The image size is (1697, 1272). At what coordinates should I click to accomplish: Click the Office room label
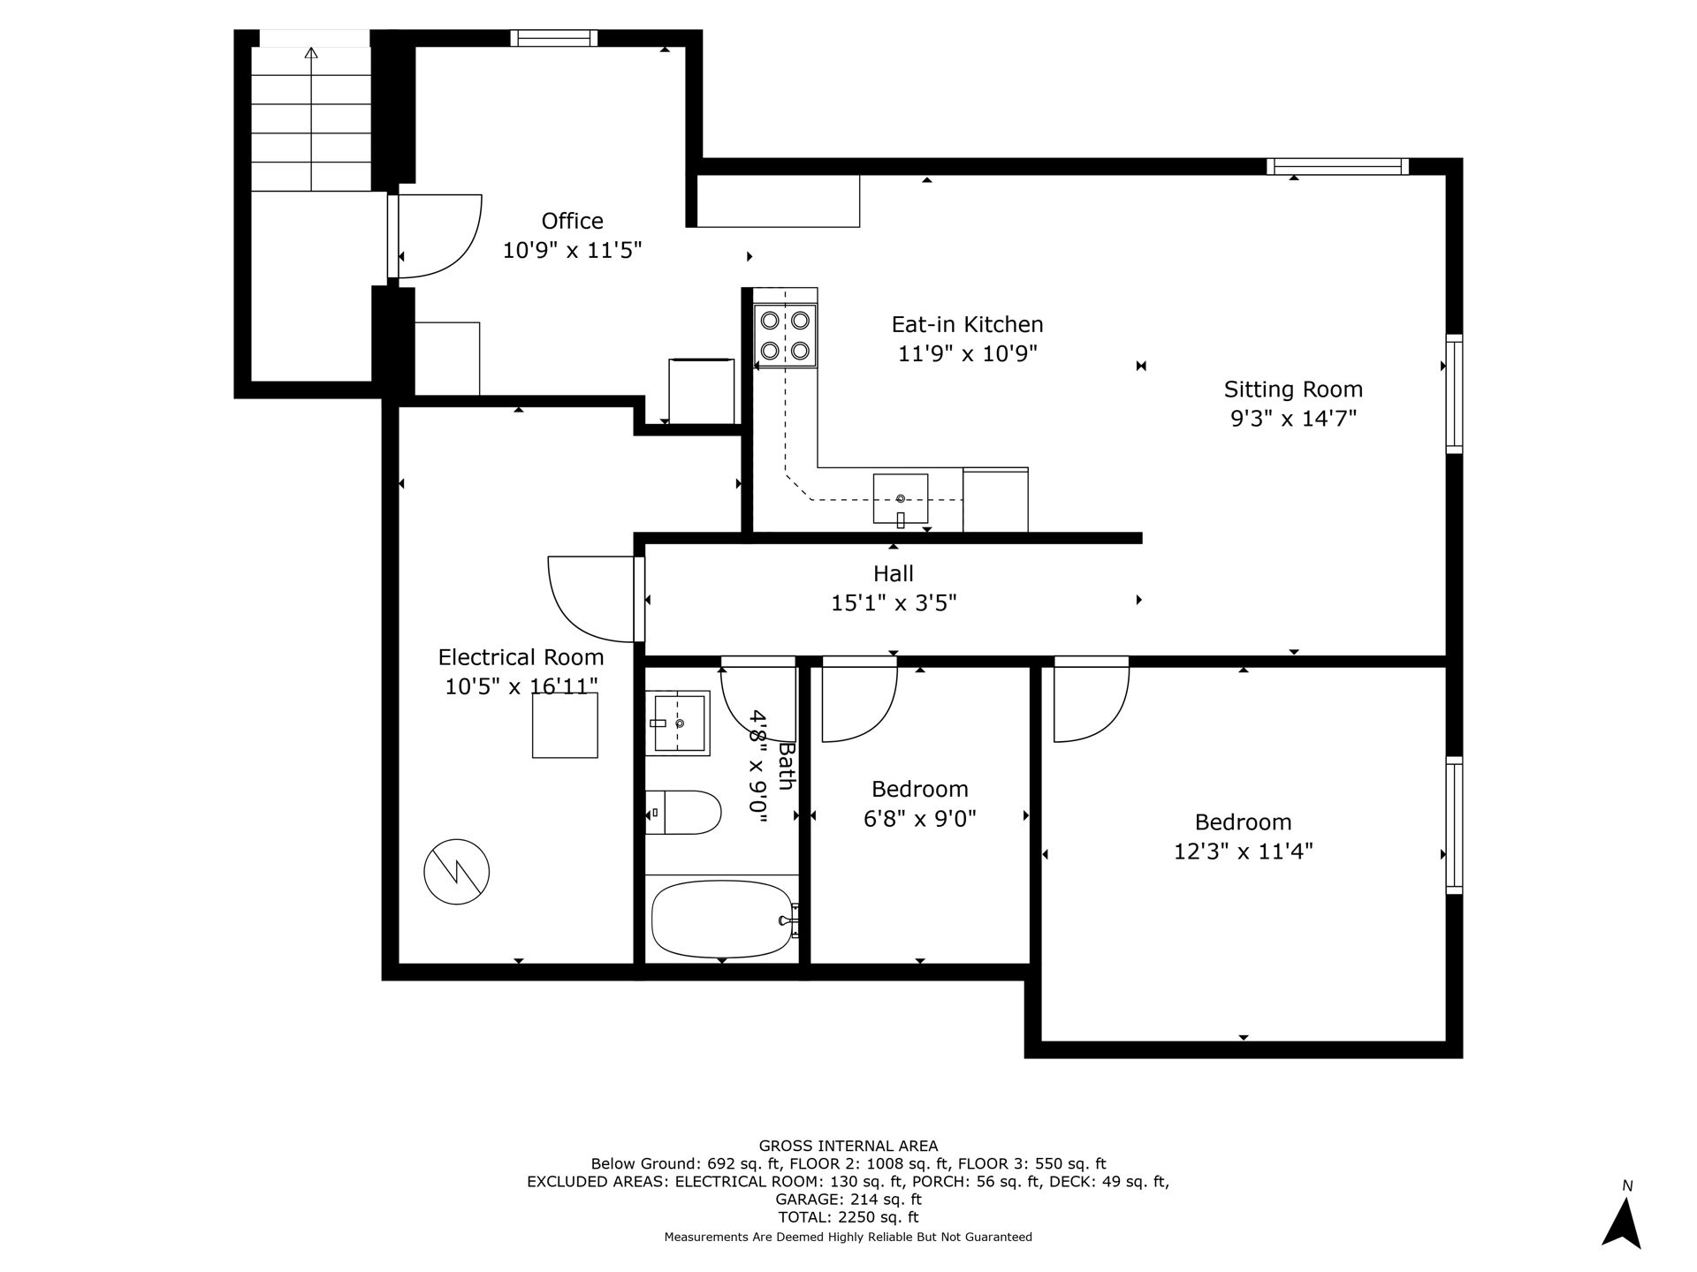(x=573, y=221)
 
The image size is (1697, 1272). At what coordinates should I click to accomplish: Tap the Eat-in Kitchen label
(x=967, y=324)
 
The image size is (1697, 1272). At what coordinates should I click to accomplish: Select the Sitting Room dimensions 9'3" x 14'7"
(x=1293, y=418)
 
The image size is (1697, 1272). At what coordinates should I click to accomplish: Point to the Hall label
(x=894, y=573)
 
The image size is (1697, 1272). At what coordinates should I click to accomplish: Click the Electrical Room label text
(x=521, y=657)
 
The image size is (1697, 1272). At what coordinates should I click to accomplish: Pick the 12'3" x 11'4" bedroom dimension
(x=1244, y=852)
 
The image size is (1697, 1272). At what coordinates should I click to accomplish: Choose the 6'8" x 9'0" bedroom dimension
(x=920, y=819)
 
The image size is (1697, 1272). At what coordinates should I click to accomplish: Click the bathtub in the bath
(x=722, y=919)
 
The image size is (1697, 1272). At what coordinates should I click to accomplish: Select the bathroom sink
(x=678, y=723)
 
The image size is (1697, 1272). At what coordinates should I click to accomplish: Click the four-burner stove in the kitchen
(x=785, y=336)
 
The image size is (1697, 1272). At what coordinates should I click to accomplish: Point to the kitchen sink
(x=901, y=499)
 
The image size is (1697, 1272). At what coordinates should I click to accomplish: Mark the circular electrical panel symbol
(x=456, y=872)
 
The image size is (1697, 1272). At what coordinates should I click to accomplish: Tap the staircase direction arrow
(x=311, y=118)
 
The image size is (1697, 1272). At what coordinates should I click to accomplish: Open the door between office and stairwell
(x=435, y=236)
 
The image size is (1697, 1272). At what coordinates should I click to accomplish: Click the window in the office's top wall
(x=554, y=38)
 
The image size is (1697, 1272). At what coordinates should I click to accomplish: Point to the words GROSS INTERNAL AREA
(x=848, y=1147)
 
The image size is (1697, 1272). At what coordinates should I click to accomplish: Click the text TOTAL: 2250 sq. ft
(x=848, y=1217)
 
